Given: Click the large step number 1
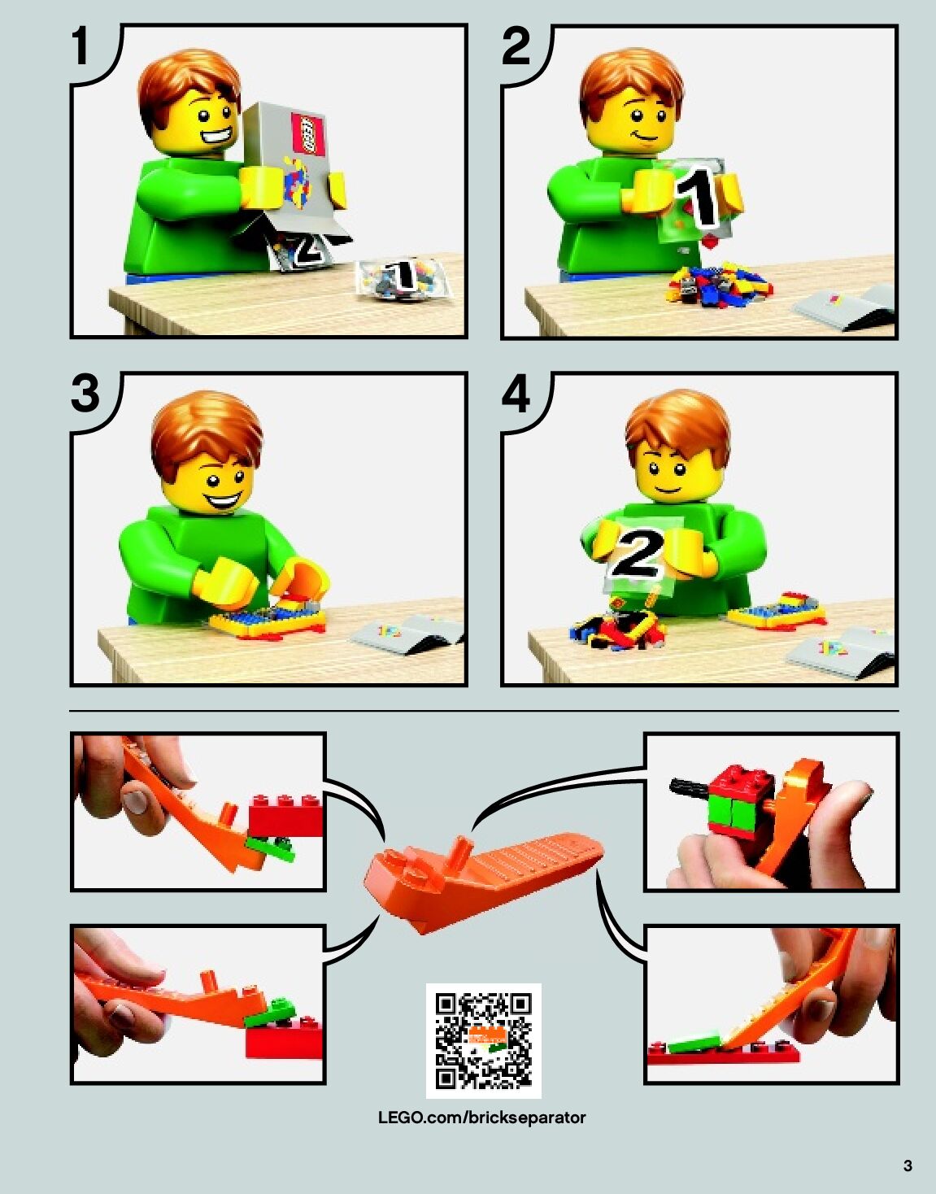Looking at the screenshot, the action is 81,46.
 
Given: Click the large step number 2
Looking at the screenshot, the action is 516,46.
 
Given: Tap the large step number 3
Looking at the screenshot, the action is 85,393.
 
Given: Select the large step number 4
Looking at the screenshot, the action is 516,393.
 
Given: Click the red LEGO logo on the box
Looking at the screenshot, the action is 309,134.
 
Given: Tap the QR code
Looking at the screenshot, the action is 483,1041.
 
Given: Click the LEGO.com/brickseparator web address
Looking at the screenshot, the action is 481,1118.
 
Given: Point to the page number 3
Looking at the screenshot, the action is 908,1165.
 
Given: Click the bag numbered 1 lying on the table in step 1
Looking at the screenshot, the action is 403,278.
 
